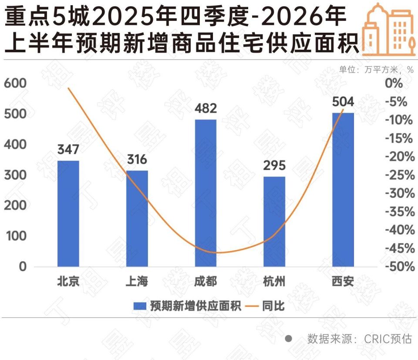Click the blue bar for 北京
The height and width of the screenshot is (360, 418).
click(68, 213)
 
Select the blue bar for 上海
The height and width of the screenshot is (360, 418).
click(137, 218)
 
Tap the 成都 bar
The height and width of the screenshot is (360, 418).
click(206, 193)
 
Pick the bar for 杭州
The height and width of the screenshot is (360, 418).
click(274, 221)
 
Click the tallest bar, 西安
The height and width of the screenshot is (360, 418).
click(343, 190)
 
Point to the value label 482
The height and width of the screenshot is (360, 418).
click(206, 108)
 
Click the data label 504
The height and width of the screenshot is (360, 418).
click(343, 102)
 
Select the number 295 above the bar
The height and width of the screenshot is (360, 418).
click(274, 166)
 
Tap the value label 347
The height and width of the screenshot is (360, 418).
click(68, 149)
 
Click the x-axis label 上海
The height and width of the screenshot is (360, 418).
click(137, 282)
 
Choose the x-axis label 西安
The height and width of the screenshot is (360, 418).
click(343, 282)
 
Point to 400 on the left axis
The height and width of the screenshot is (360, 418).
click(16, 144)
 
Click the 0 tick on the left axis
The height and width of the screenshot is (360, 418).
click(23, 267)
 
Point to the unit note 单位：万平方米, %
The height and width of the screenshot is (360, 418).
click(376, 69)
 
